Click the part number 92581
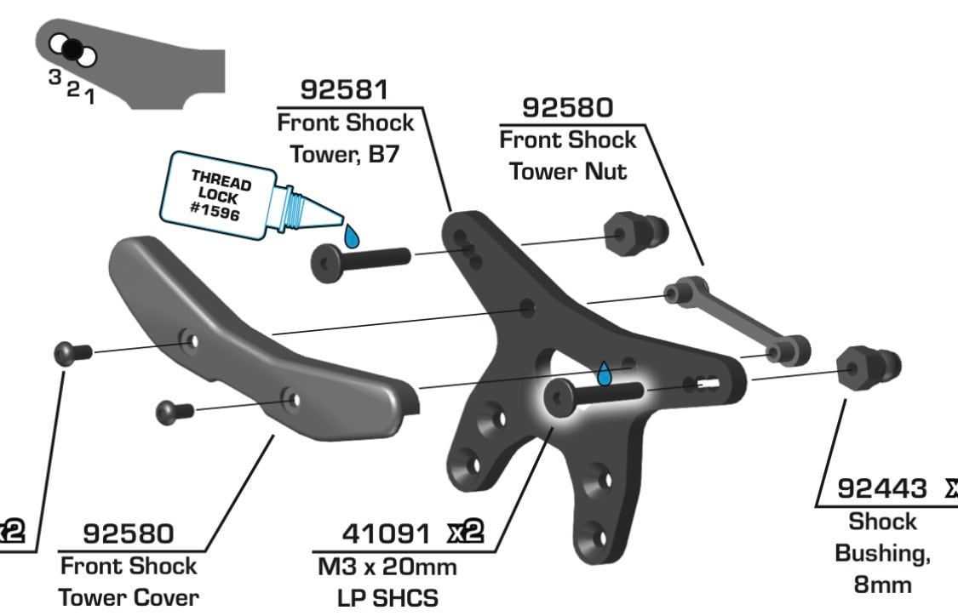(345, 90)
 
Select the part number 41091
(386, 533)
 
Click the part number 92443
(881, 488)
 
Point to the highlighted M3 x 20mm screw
(594, 396)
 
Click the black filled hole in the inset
(72, 48)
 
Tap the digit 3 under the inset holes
(55, 77)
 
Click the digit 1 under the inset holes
(90, 96)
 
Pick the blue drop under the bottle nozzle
(352, 236)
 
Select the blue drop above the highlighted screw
(605, 374)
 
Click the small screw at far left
(72, 353)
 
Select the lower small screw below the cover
(175, 412)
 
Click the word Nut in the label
(605, 172)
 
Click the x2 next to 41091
(465, 533)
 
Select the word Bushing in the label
(882, 554)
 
